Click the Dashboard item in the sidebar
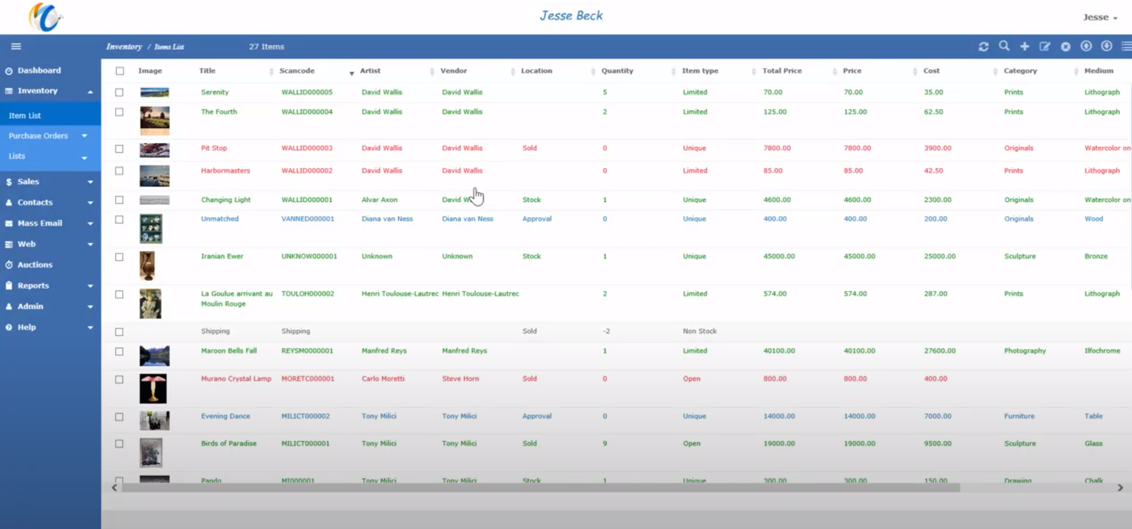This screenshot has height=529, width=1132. coord(39,71)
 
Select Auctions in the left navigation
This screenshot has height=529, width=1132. coord(35,265)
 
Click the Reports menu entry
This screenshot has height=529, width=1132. coord(33,286)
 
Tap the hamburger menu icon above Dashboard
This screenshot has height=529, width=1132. coord(16,46)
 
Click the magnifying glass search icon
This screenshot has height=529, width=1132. coord(1004,46)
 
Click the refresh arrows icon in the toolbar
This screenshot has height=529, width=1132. coord(983,46)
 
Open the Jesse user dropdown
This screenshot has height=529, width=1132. coord(1099,17)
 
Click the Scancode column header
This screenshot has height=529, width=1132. coord(297,71)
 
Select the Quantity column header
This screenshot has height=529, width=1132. coord(617,71)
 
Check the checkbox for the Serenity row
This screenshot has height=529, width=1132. coord(120,93)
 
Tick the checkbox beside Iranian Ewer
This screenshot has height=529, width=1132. coord(120,257)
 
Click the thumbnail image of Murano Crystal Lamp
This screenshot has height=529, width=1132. coord(153,389)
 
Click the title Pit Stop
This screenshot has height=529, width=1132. coord(214,148)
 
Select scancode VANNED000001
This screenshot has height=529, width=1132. coord(308,219)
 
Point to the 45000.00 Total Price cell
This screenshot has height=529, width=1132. coord(779,256)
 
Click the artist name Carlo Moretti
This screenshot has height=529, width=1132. coord(382,379)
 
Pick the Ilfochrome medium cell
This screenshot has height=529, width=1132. coord(1102,351)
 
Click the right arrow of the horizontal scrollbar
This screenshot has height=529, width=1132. coord(1120,487)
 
